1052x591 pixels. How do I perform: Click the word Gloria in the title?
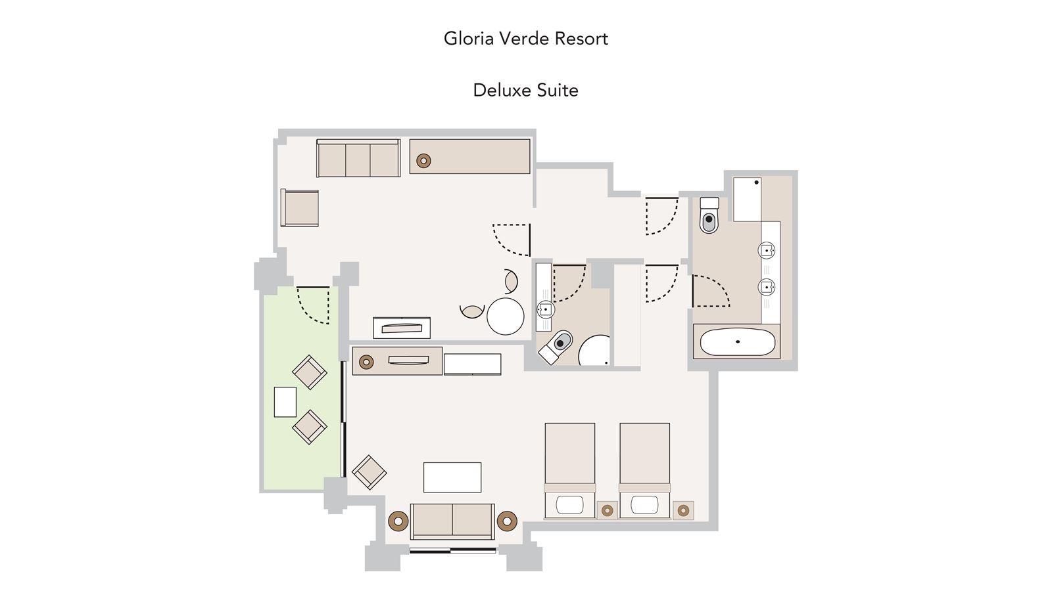[x=465, y=39]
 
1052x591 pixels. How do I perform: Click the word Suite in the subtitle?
[x=557, y=90]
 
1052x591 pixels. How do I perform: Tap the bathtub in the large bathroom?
[x=736, y=341]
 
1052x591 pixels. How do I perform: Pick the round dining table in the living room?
[x=505, y=317]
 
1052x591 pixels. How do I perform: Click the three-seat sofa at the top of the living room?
[x=358, y=159]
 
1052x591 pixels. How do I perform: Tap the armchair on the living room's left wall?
[x=300, y=208]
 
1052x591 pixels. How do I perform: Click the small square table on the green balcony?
[x=285, y=402]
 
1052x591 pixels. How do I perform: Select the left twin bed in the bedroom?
[x=570, y=470]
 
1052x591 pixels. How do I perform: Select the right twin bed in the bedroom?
[x=644, y=470]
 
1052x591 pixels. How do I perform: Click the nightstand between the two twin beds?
[x=607, y=510]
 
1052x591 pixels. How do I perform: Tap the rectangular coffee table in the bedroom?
[x=452, y=477]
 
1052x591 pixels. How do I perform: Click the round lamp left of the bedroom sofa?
[x=398, y=521]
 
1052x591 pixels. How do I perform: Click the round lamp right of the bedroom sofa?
[x=507, y=521]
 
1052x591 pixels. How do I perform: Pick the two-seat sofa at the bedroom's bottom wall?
[x=452, y=521]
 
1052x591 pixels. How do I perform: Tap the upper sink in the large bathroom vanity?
[x=767, y=250]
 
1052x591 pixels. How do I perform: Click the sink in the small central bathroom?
[x=545, y=309]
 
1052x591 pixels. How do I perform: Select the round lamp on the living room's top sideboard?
[x=423, y=160]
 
